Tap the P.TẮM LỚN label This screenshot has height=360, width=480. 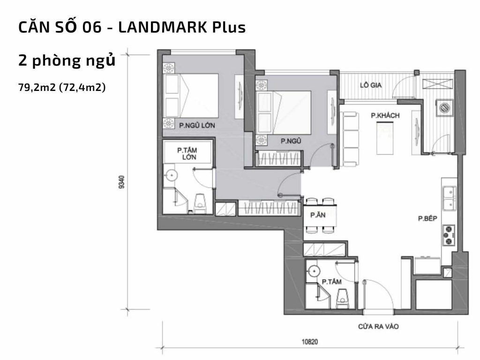point(186,154)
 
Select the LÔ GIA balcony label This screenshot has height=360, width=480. point(371,85)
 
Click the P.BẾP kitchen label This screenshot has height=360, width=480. point(428,218)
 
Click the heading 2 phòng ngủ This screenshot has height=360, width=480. point(67,61)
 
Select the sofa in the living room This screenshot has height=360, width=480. point(350,138)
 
